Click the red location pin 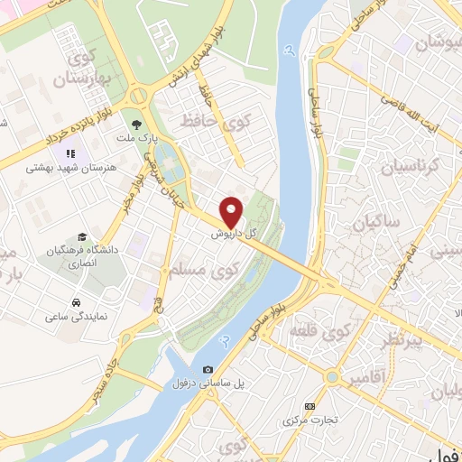(232, 212)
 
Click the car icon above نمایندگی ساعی (77, 302)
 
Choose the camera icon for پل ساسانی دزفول (208, 369)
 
